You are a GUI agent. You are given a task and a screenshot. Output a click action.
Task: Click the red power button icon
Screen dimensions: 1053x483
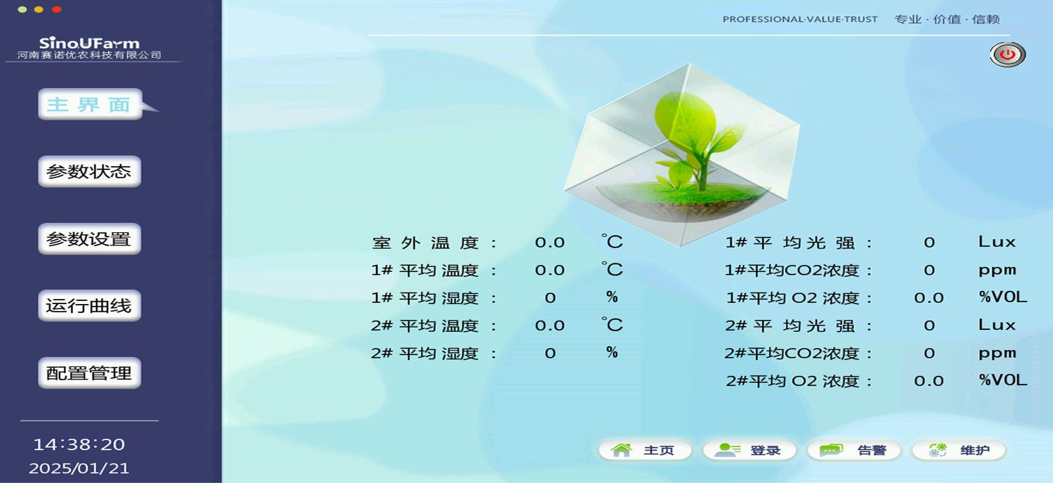[x=1007, y=54]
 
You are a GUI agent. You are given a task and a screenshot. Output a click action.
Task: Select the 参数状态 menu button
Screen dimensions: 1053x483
[x=89, y=172]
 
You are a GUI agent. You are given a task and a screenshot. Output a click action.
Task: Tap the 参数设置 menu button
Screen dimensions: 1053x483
[x=89, y=239]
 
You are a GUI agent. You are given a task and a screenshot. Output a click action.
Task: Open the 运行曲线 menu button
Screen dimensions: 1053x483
[x=89, y=306]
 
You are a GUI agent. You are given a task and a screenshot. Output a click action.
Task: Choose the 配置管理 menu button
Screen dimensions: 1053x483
[x=89, y=373]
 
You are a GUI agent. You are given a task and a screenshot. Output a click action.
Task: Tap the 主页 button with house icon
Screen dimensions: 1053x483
[x=644, y=451]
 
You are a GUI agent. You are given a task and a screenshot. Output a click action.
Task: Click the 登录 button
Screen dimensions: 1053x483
[x=749, y=451]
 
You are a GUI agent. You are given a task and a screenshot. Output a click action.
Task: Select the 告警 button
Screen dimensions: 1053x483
[x=854, y=451]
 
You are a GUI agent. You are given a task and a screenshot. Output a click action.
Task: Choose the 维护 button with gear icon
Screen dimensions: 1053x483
[x=958, y=451]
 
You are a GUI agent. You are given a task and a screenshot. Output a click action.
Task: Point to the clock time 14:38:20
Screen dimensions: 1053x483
[x=79, y=445]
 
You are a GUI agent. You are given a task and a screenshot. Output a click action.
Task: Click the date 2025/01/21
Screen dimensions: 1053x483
[x=79, y=468]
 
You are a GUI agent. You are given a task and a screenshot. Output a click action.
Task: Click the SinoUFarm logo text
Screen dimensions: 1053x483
[x=89, y=43]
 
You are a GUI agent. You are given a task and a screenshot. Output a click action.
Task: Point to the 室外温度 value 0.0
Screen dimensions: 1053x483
[x=550, y=243]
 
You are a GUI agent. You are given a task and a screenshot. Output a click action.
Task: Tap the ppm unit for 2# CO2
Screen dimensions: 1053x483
[x=997, y=353]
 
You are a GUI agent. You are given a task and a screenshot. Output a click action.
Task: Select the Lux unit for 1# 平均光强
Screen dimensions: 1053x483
[x=997, y=242]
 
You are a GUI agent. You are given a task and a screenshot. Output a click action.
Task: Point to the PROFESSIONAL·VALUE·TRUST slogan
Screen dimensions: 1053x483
[x=800, y=19]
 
